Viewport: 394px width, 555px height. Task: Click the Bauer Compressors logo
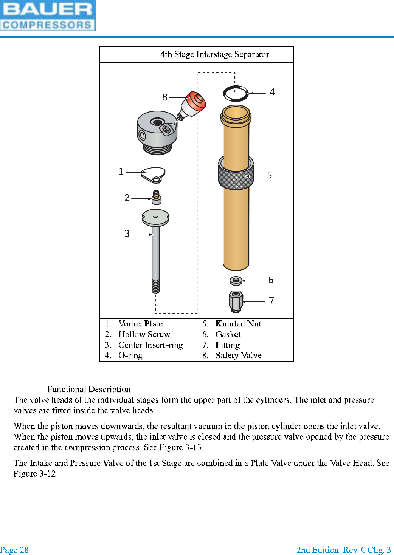coord(48,16)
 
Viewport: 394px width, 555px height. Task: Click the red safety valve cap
coord(197,101)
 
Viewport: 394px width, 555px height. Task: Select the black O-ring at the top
coord(236,93)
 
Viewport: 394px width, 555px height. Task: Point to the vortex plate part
coord(153,175)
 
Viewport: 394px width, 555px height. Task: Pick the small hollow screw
coord(156,197)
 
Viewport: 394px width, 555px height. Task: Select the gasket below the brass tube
coord(236,281)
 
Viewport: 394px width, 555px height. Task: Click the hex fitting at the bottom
coord(236,301)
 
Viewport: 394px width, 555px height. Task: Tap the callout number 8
coord(165,97)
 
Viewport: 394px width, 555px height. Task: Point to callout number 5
coord(269,175)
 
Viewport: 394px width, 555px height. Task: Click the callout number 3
coord(127,234)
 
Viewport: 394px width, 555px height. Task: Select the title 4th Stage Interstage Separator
coord(214,55)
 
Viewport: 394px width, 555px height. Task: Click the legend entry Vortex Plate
coord(140,324)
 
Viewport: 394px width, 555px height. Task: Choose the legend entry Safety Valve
coord(238,356)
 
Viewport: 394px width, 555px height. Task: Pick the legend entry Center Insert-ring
coord(150,345)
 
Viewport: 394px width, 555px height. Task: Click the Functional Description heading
coord(89,390)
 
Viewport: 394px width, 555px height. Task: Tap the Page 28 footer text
coord(14,550)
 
